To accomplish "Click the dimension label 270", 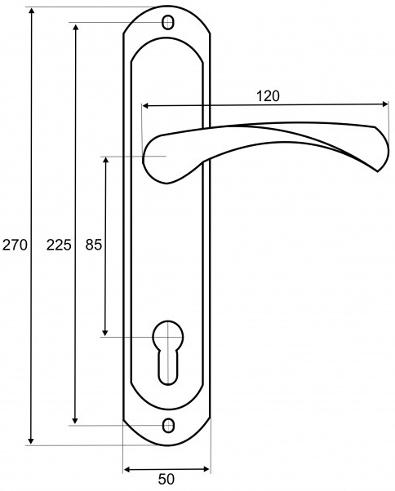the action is (x=15, y=245).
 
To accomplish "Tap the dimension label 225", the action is (x=59, y=245).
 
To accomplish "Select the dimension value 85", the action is (x=94, y=245).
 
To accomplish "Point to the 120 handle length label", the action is (x=268, y=96).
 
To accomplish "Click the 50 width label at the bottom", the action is (x=166, y=479).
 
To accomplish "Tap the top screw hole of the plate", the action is (x=168, y=23).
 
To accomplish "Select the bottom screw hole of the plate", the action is (x=168, y=426).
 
